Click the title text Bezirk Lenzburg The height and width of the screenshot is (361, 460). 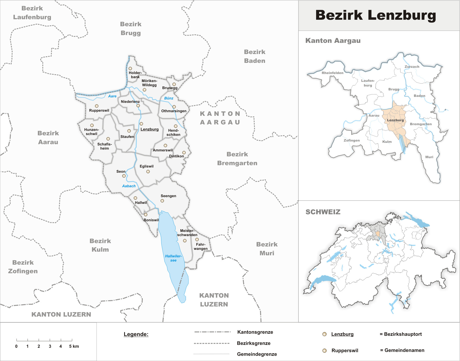click(375, 15)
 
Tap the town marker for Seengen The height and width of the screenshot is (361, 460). click(162, 201)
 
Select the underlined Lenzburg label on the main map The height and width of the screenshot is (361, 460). click(149, 129)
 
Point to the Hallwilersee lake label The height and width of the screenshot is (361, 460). click(173, 258)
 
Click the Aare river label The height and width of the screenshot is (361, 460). click(112, 96)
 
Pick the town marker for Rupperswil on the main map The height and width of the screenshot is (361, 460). click(97, 106)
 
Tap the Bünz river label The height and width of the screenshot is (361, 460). click(169, 98)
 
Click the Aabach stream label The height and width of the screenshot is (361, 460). click(129, 186)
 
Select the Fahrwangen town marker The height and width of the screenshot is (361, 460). click(197, 239)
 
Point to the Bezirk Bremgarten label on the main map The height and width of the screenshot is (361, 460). click(237, 159)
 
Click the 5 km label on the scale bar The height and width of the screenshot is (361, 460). click(74, 346)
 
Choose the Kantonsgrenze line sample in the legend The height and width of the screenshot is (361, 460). click(212, 332)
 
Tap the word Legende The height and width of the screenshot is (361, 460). click(136, 334)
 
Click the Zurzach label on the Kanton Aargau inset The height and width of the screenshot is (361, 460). click(412, 67)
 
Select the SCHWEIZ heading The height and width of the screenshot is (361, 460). click(323, 212)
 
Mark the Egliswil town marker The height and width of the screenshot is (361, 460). click(148, 172)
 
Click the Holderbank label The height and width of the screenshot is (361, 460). click(135, 75)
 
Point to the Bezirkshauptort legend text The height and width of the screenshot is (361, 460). click(403, 334)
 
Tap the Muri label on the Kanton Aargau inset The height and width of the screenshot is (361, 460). click(429, 157)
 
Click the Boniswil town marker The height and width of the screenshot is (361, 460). click(146, 215)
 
